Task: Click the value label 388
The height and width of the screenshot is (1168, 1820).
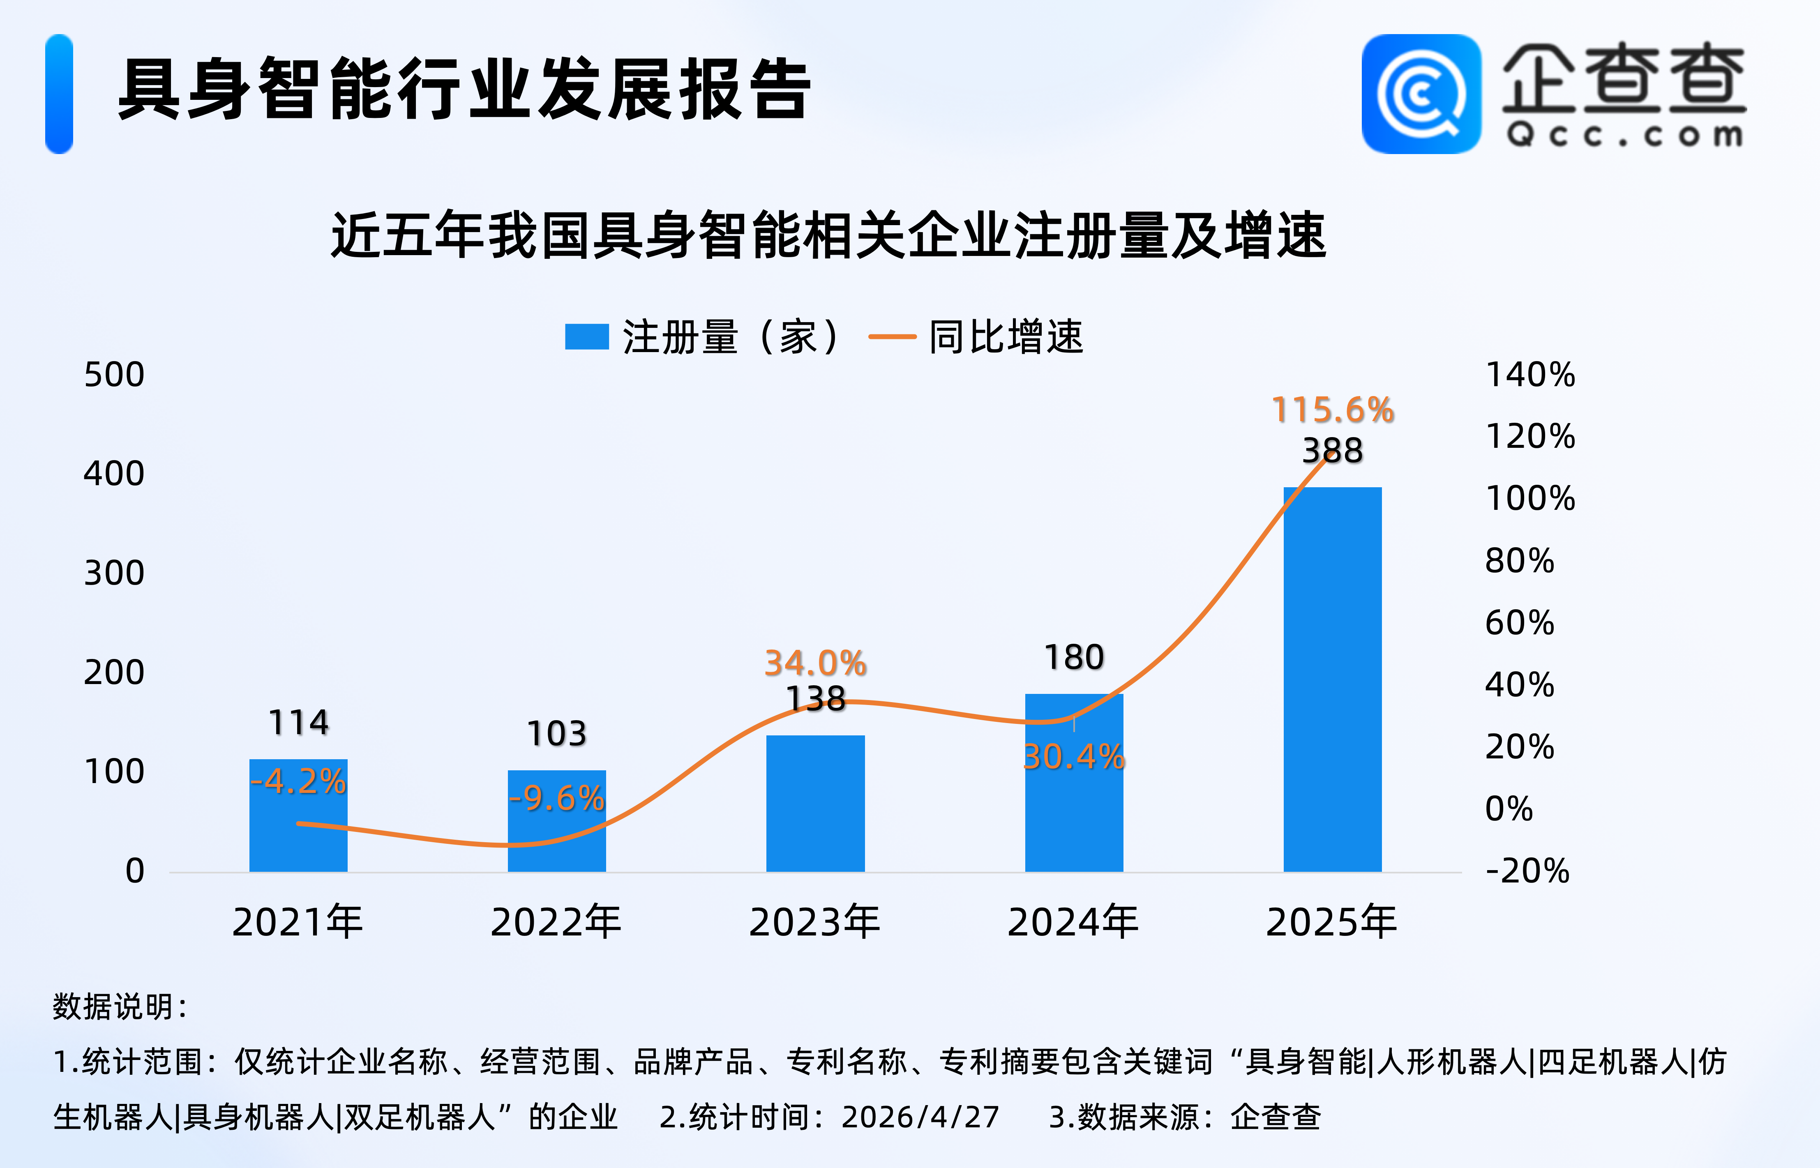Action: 1332,451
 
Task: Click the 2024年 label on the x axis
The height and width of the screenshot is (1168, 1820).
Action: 1073,922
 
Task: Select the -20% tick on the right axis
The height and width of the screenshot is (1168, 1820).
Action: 1527,871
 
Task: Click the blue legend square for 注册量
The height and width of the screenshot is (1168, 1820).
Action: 586,337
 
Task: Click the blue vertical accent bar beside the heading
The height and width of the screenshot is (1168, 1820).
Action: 59,94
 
